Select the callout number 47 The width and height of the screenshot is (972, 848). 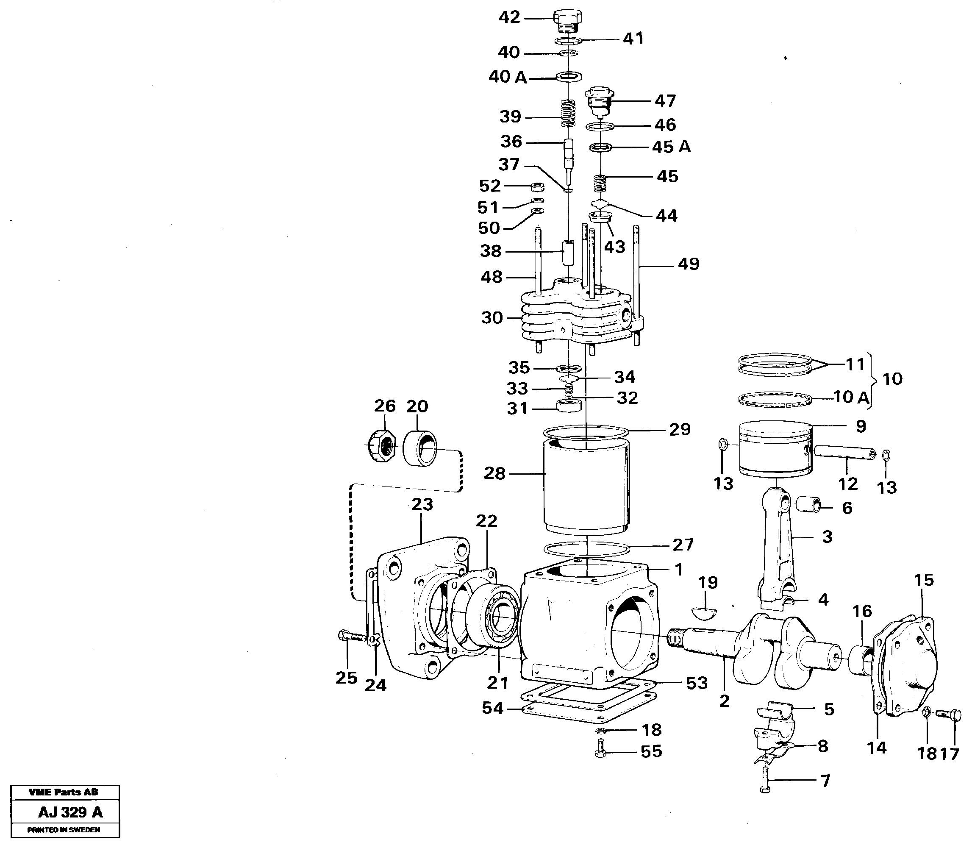pos(665,101)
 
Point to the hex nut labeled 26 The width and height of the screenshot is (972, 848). pos(382,446)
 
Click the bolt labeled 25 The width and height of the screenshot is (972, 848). pos(352,637)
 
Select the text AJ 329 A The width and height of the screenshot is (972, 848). pos(70,812)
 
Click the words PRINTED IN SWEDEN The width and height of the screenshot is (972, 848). pos(64,829)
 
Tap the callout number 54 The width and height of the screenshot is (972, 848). pos(493,709)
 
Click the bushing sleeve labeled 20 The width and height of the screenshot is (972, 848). pos(420,447)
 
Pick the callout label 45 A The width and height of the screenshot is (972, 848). pos(671,147)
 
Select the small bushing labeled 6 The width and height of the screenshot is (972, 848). pos(809,504)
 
